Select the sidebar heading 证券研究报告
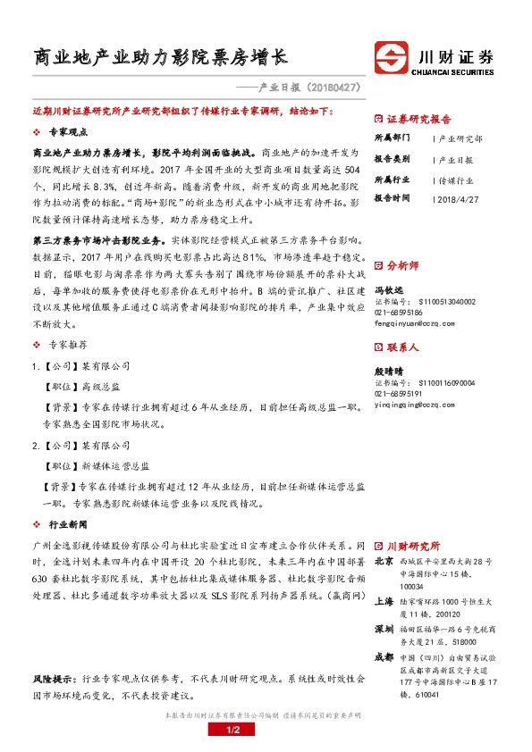pos(418,118)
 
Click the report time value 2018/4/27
pos(460,197)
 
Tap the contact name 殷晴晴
pos(388,371)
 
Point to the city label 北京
pos(384,562)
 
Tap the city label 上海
pos(384,602)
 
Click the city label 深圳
pos(384,630)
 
